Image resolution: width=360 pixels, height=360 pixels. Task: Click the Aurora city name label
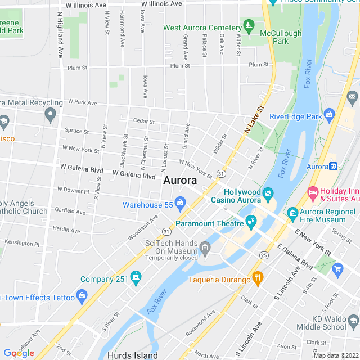[180, 181]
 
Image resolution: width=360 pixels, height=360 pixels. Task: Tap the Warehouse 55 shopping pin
[181, 202]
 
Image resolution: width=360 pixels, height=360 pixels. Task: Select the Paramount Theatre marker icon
[251, 224]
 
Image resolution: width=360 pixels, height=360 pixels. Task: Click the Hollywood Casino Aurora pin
[268, 195]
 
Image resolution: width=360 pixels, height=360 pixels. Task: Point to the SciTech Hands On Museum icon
[205, 247]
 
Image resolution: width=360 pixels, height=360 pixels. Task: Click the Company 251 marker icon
[135, 276]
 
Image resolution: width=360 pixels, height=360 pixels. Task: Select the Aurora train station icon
[333, 166]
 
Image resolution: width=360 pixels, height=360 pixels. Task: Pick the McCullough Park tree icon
[248, 25]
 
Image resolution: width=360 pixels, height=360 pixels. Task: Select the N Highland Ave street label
[60, 35]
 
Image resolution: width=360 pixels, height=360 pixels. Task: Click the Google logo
[19, 353]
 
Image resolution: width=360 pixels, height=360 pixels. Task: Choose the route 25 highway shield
[264, 255]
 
